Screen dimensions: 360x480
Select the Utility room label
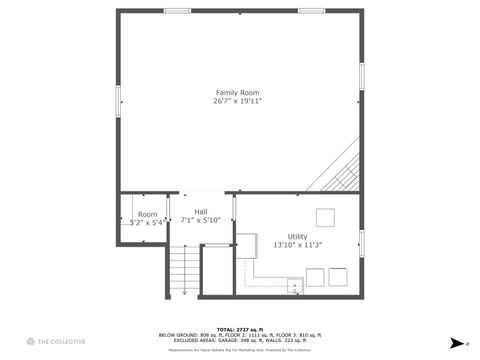[x=298, y=236]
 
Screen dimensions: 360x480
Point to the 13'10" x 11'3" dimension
[x=298, y=245]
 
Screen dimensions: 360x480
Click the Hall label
[x=201, y=212]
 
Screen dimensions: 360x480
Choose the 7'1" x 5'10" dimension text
[x=201, y=221]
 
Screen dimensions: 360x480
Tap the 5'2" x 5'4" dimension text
[x=147, y=223]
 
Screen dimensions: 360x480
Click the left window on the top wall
[x=178, y=11]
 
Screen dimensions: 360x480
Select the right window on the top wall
[x=311, y=11]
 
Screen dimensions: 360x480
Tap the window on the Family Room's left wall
[x=119, y=99]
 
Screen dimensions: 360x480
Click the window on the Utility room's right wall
[x=361, y=242]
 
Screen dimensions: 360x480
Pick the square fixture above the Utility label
[x=326, y=217]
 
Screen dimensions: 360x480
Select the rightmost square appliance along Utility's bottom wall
[x=339, y=277]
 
